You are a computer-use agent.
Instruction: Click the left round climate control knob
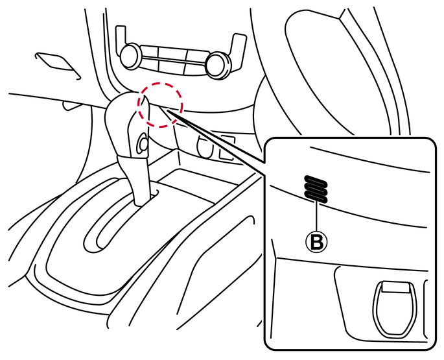(130, 56)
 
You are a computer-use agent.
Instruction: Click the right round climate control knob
(218, 65)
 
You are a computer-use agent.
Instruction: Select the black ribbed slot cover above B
(316, 189)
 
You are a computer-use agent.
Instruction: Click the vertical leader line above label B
(316, 217)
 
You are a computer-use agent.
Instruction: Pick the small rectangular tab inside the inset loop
(395, 287)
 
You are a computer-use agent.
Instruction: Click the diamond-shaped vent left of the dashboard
(58, 64)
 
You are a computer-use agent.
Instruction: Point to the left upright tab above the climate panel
(120, 39)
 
